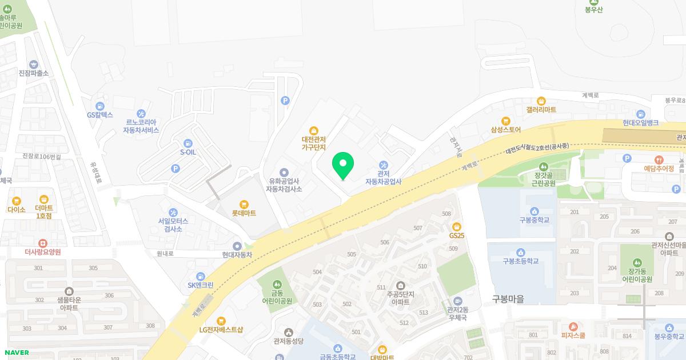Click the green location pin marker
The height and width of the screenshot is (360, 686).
click(x=343, y=165)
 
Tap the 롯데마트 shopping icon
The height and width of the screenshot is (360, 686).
click(x=244, y=204)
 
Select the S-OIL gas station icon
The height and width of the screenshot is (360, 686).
click(x=187, y=143)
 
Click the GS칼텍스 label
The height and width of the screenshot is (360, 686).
click(x=100, y=115)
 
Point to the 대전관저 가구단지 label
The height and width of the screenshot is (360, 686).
click(x=313, y=143)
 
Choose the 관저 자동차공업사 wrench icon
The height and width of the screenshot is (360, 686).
click(x=384, y=165)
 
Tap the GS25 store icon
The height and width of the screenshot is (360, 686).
click(x=456, y=227)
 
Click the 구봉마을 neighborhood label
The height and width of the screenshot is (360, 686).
click(x=508, y=299)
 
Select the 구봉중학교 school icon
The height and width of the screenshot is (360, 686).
click(x=535, y=211)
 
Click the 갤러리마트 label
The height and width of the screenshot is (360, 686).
click(x=541, y=110)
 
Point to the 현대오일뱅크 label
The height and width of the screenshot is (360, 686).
click(x=640, y=123)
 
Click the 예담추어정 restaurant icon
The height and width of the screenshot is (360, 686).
click(x=659, y=160)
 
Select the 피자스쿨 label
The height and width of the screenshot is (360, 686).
click(x=573, y=336)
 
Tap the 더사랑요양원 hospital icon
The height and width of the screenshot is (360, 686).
click(x=43, y=243)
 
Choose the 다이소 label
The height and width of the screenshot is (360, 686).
click(x=17, y=210)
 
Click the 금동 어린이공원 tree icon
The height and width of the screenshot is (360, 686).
click(x=277, y=284)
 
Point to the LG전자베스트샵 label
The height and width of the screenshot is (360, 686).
click(x=221, y=330)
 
